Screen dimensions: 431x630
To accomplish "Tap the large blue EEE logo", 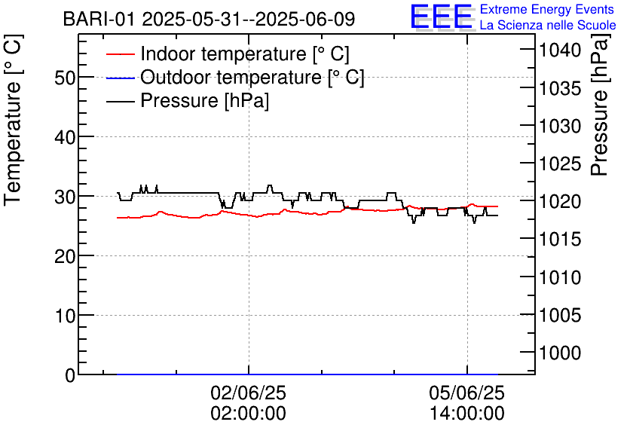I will point(441,17).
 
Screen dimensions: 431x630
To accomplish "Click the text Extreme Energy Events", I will point(547,10).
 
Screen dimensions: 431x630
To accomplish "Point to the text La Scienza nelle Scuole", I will point(547,25).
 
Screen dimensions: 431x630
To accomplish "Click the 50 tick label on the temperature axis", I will point(66,78).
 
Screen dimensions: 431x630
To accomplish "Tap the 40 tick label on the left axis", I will point(66,137).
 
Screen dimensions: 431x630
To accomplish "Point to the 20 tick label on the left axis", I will point(66,256).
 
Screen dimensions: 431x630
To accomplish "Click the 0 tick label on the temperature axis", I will point(70,375).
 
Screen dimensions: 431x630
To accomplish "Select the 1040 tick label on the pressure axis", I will point(558,50).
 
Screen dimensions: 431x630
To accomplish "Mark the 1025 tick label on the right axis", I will point(558,164).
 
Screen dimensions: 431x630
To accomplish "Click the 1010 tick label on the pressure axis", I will point(558,277).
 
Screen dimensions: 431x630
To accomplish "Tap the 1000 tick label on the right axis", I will point(558,353).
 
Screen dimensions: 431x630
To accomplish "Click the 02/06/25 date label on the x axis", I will point(248,393).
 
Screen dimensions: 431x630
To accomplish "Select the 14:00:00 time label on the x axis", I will point(467,414).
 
